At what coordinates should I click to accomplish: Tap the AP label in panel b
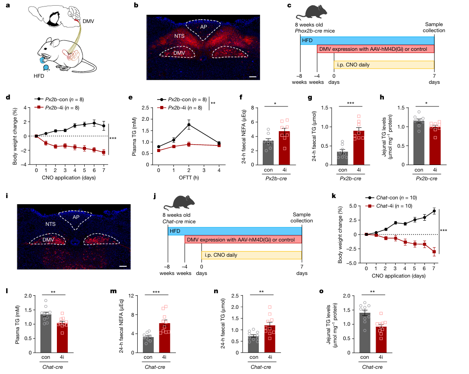click(203, 26)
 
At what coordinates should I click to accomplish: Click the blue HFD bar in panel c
click(367, 40)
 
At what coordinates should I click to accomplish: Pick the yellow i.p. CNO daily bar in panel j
click(251, 255)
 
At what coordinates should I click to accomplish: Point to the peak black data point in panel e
click(189, 125)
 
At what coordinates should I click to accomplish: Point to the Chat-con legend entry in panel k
click(391, 197)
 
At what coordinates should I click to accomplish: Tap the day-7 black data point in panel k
click(434, 211)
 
